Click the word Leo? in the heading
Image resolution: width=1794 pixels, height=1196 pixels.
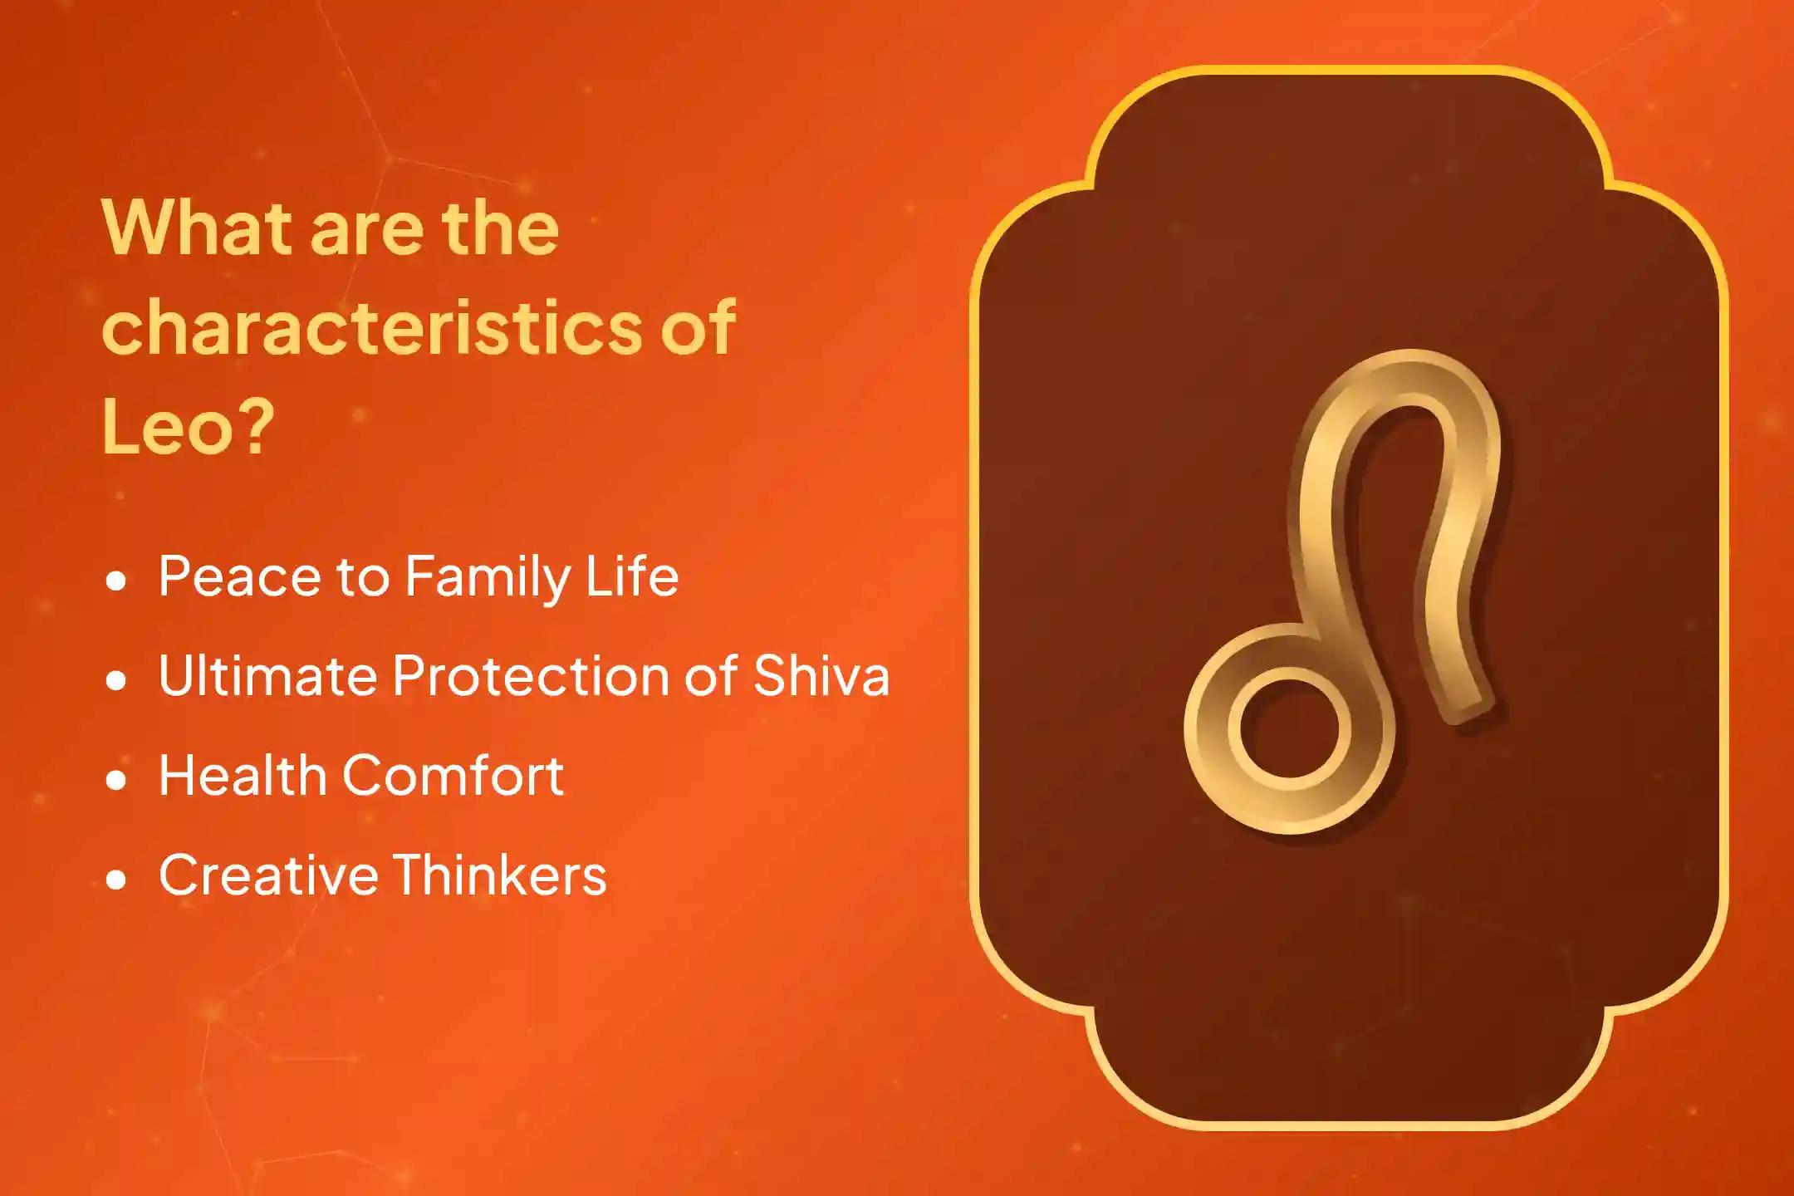point(188,427)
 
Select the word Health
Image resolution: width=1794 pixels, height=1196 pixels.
point(243,775)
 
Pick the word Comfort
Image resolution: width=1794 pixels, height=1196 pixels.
point(453,775)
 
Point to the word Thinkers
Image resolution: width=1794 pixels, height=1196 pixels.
point(500,875)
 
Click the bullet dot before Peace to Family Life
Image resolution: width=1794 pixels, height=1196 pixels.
point(117,581)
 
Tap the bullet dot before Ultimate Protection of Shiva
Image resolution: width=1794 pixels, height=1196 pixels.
point(117,680)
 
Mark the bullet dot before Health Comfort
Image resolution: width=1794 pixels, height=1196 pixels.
point(117,780)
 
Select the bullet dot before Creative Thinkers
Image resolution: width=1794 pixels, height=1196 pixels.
point(117,880)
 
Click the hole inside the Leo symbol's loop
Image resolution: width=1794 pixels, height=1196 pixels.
point(1290,728)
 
